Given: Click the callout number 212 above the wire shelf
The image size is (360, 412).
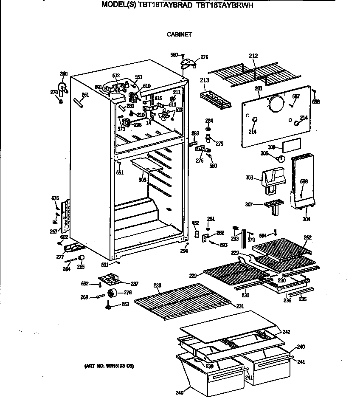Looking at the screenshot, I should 253,56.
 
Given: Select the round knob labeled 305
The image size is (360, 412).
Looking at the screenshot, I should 280,159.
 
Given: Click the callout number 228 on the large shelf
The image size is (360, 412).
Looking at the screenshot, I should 157,286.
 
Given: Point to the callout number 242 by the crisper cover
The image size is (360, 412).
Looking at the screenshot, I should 286,332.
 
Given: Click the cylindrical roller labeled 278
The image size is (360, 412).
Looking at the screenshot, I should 113,293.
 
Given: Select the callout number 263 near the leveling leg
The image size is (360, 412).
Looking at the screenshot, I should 125,304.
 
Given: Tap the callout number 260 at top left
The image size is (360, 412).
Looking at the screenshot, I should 64,74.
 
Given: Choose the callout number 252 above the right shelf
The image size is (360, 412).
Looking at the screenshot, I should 308,237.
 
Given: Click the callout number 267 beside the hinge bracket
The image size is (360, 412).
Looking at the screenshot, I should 53,231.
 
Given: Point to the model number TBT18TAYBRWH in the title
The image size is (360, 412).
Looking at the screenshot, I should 228,6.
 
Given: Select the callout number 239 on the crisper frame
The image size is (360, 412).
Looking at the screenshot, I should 209,366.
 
